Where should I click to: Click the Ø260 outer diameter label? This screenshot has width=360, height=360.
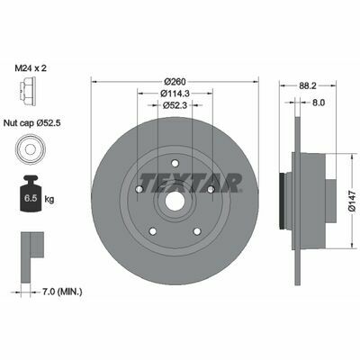coord(175,82)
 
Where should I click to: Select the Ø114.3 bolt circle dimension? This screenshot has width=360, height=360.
coord(175,94)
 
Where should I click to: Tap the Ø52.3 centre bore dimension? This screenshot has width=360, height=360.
coord(175,105)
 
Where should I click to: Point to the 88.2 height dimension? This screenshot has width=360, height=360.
coord(308,85)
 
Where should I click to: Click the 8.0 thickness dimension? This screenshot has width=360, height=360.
coord(319,103)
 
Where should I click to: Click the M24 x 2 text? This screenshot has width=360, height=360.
coord(31,68)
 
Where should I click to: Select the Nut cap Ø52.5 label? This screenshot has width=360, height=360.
coord(32,122)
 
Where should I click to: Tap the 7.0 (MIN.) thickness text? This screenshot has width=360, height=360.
coord(62,292)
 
